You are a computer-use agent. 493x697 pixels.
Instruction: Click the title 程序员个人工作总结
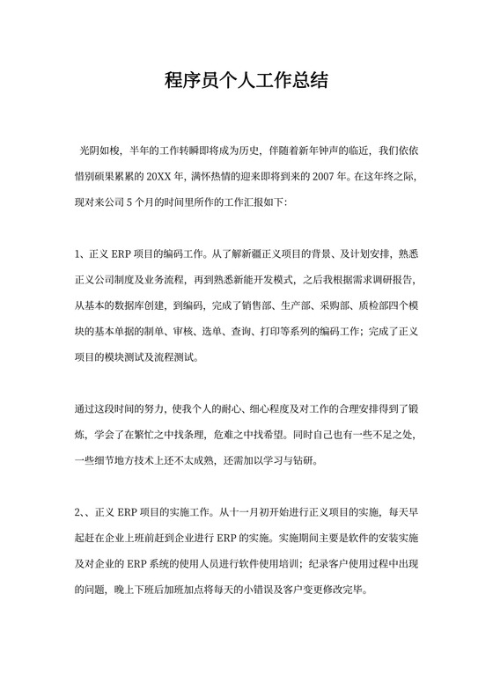246,82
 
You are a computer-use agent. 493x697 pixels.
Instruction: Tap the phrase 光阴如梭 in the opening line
99,151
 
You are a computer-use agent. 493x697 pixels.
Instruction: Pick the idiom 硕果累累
123,175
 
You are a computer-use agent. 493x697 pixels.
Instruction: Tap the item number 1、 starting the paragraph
81,255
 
